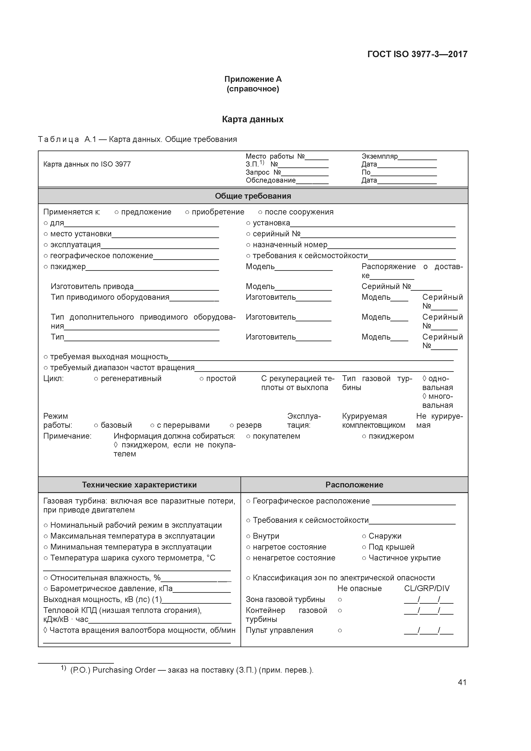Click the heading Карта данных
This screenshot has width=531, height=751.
(253, 119)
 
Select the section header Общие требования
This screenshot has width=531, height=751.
(253, 196)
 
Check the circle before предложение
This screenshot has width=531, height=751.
(116, 213)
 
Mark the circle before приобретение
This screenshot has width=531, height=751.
(187, 213)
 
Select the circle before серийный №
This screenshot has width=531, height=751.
(248, 234)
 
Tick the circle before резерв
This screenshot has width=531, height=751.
(232, 426)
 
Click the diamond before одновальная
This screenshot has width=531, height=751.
(424, 379)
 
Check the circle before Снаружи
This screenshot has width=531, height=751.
(364, 536)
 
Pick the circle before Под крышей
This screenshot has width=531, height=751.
(364, 547)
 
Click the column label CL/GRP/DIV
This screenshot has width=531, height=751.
(427, 589)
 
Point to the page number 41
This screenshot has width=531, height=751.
(462, 682)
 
